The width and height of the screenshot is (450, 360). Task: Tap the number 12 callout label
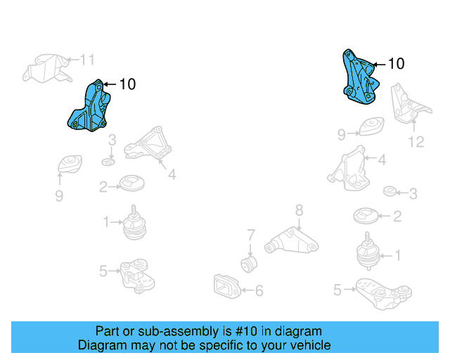[416, 141]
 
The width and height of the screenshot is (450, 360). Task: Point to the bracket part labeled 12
[410, 106]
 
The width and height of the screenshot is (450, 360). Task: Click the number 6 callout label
[259, 290]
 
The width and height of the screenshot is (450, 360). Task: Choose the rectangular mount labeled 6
[226, 285]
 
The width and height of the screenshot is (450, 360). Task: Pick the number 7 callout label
[250, 234]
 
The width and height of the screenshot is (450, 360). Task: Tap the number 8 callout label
[298, 209]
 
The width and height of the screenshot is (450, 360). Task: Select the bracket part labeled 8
[292, 239]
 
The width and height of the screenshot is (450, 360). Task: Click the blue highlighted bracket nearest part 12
[359, 76]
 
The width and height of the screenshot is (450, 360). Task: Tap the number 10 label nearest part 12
[396, 64]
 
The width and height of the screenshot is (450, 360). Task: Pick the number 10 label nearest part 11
[127, 84]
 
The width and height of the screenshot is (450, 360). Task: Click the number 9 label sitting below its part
[59, 195]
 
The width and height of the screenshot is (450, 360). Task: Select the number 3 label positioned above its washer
[111, 142]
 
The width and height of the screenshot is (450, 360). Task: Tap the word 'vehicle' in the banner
[309, 345]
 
